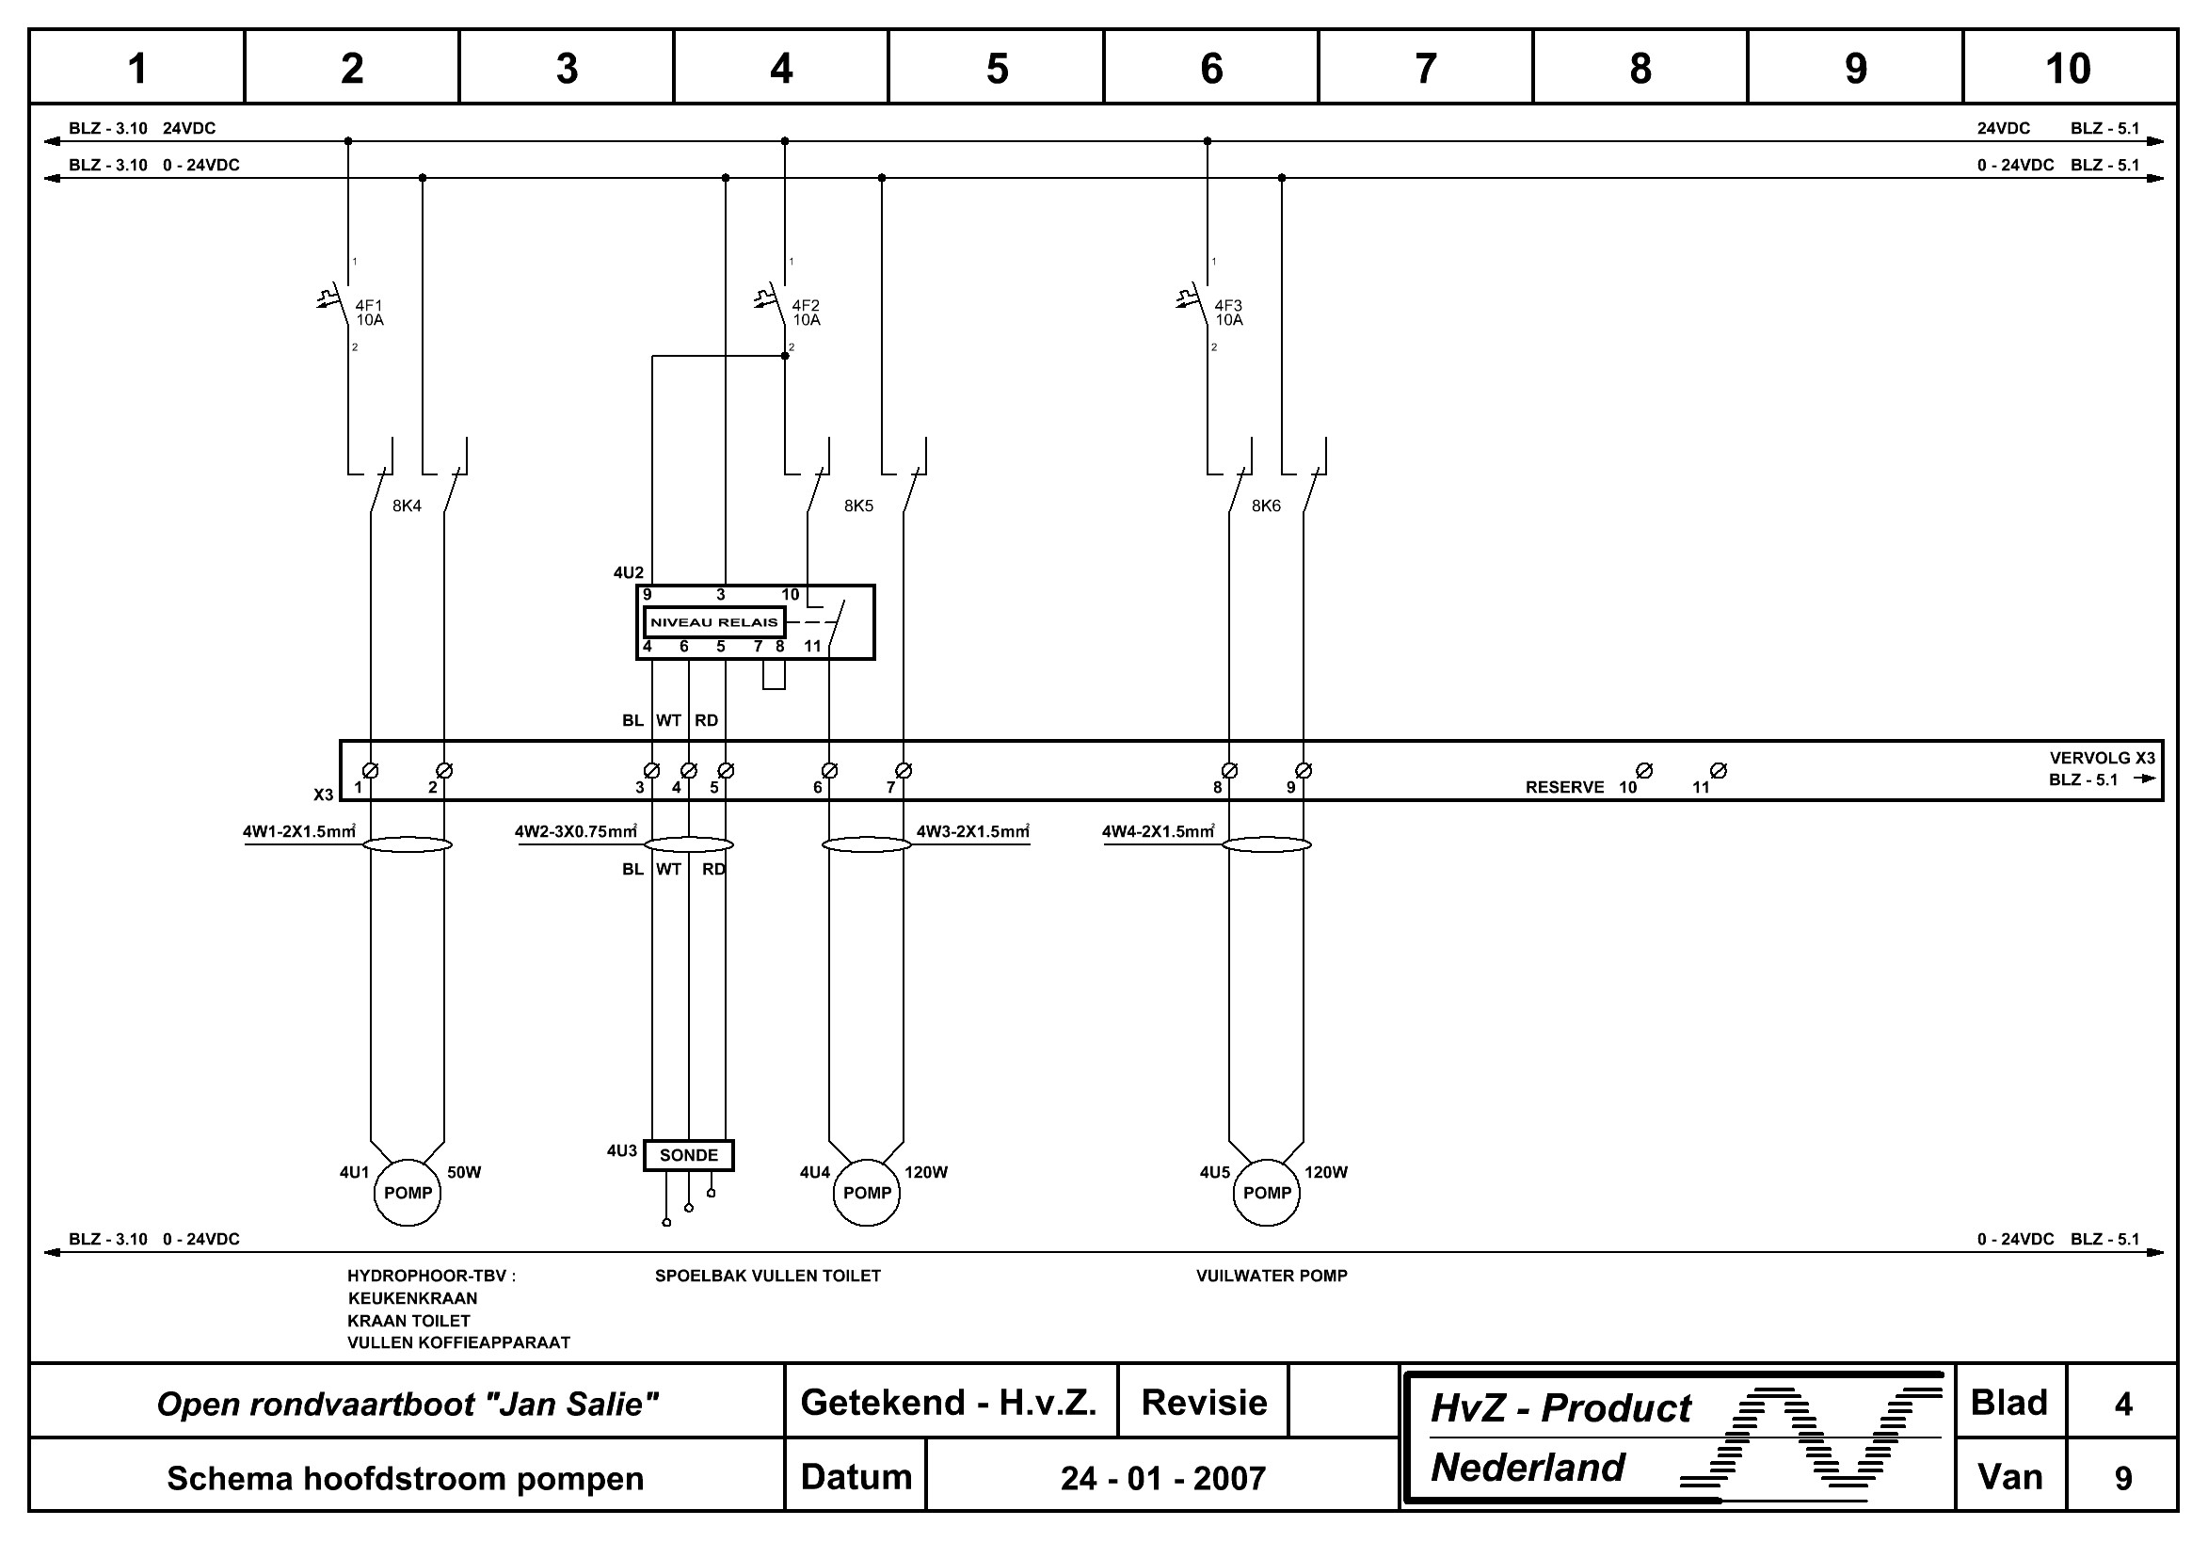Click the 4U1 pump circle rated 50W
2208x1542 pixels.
point(407,1193)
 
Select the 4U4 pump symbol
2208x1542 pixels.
point(867,1193)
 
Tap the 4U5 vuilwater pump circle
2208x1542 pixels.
point(1267,1193)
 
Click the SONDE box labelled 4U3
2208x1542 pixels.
point(689,1155)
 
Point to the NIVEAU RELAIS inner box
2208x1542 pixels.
point(713,622)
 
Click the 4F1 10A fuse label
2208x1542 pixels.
point(369,313)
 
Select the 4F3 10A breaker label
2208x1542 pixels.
point(1228,313)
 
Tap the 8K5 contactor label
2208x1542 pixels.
point(858,506)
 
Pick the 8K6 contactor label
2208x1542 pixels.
point(1266,506)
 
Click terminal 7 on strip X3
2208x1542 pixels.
point(903,770)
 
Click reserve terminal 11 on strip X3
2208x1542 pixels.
point(1719,770)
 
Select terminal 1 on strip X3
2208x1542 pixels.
point(370,770)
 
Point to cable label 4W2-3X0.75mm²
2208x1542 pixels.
point(575,832)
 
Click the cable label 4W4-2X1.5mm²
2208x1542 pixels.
point(1158,832)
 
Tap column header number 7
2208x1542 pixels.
point(1425,69)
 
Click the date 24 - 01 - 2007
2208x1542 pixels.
point(1162,1479)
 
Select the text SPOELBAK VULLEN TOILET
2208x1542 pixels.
point(767,1277)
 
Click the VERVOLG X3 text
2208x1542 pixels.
point(2102,758)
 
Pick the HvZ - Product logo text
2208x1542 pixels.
point(1560,1408)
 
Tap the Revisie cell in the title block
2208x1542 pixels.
point(1203,1403)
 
